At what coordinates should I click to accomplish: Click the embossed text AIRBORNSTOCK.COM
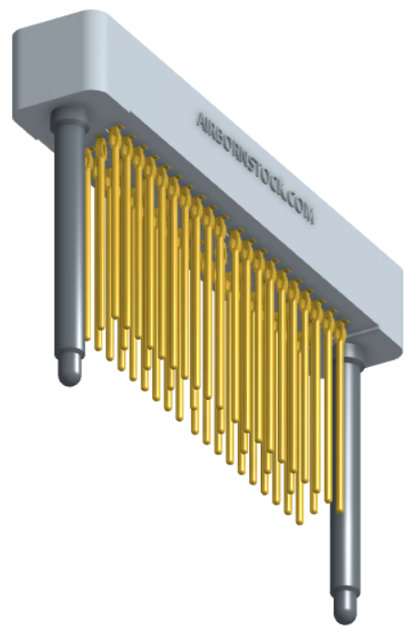[255, 168]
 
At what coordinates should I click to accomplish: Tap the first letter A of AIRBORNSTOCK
[201, 120]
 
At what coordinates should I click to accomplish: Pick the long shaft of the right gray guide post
[347, 473]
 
